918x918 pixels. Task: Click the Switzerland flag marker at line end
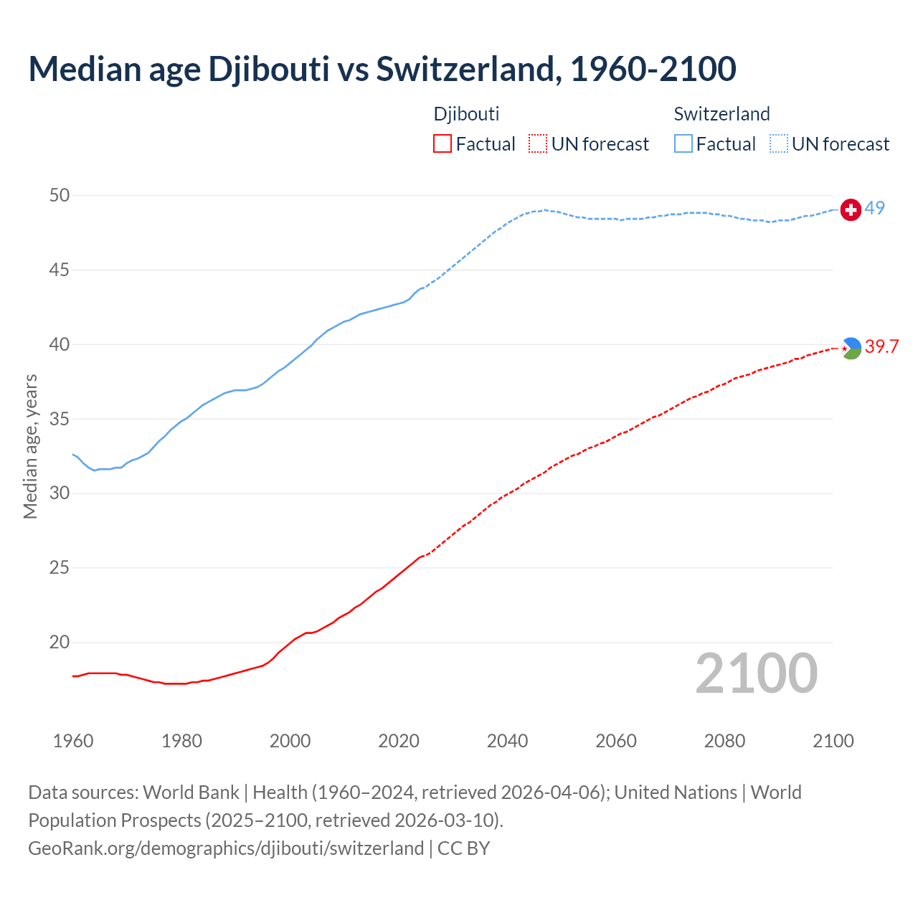(851, 209)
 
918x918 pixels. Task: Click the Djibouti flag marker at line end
(851, 348)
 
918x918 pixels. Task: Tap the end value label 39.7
(881, 347)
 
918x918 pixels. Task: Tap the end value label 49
(874, 208)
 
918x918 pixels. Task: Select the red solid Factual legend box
(443, 144)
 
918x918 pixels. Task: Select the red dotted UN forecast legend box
(538, 144)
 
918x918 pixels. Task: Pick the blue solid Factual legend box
(683, 144)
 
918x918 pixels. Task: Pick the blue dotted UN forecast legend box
(779, 144)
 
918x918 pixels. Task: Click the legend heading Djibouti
(466, 114)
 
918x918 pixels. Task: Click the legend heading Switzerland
(721, 114)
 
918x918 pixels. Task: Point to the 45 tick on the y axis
(60, 270)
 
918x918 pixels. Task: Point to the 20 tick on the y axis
(60, 643)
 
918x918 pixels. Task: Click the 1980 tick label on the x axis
(181, 741)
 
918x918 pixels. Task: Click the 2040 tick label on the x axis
(507, 741)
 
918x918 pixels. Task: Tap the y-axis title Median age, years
(30, 446)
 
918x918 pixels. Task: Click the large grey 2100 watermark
(757, 673)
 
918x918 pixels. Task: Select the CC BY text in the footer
(463, 848)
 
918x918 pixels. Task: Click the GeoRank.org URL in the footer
(226, 848)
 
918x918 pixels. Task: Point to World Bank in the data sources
(191, 792)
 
